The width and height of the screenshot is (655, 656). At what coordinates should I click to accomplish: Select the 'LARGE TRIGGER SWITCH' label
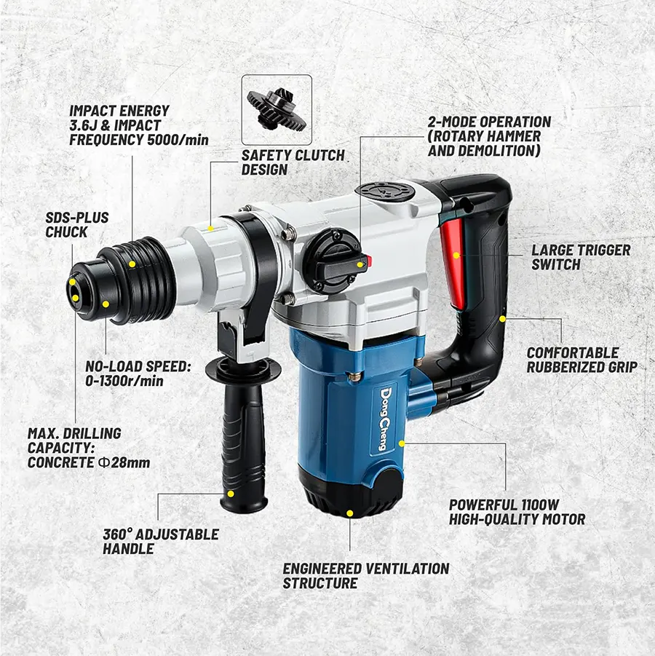(580, 257)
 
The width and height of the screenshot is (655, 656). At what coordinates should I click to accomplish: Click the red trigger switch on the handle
(450, 262)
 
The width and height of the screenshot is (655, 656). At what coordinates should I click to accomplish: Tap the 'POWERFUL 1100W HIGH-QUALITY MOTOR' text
(517, 512)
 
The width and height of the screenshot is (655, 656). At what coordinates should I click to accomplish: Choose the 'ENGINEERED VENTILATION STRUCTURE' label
(366, 575)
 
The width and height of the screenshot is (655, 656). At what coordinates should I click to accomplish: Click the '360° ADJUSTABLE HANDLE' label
(161, 542)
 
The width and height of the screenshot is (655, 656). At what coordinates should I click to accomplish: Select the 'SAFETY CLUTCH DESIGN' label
(293, 162)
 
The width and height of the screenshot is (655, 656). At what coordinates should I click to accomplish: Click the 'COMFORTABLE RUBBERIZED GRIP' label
(581, 360)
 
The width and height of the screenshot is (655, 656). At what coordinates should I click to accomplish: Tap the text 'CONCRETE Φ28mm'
(89, 462)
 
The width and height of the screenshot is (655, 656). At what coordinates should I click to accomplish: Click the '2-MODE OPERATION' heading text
(489, 122)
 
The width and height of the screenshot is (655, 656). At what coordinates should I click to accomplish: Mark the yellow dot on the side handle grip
(231, 494)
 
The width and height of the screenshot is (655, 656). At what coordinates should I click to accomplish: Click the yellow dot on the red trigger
(456, 256)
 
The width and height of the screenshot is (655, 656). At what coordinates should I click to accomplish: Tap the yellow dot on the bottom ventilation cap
(350, 513)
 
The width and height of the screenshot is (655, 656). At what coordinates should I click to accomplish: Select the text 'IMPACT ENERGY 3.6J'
(119, 118)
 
